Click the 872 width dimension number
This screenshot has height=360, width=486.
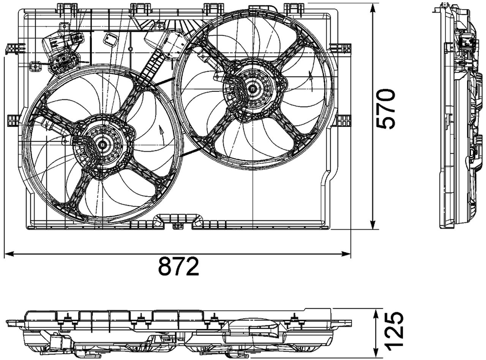pos(178,266)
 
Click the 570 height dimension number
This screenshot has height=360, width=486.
pos(385,109)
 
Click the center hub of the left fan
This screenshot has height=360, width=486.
pos(102,144)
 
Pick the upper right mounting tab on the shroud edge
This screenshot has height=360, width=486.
pos(344,48)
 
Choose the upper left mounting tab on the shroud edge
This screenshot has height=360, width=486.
pos(14,48)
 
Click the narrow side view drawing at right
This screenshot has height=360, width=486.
pos(458,118)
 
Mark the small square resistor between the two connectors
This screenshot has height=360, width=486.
pos(111,38)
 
